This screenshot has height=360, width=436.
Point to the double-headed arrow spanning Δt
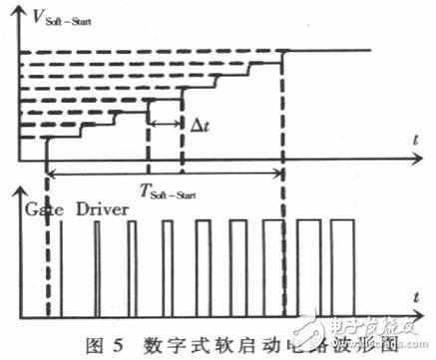tap(165, 124)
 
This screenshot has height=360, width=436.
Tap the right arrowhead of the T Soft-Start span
tap(280, 176)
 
